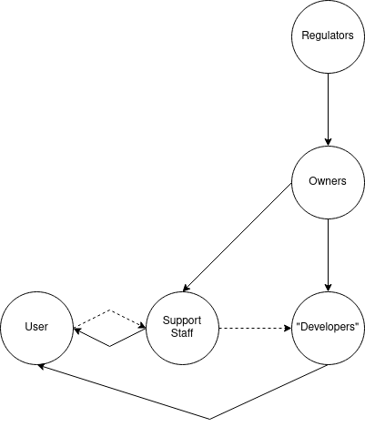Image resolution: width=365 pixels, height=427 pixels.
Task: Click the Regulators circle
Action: point(328,36)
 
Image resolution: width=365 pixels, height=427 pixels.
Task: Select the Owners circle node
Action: point(328,181)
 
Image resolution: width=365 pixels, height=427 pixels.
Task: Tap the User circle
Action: point(36,327)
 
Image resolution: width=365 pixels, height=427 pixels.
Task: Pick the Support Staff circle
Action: point(182,327)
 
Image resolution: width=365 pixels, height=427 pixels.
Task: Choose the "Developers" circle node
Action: point(328,327)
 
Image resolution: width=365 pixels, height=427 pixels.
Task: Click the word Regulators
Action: point(328,36)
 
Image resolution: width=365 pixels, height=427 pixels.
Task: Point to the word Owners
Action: point(328,181)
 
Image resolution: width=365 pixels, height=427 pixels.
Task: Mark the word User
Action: point(36,327)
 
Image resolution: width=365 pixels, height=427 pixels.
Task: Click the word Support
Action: point(182,320)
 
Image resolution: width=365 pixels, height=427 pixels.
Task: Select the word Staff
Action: point(182,333)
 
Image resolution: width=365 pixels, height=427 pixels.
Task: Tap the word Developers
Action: point(328,327)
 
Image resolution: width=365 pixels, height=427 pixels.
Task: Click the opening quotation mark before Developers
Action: point(298,325)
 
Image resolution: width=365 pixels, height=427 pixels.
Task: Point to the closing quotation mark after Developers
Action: point(359,325)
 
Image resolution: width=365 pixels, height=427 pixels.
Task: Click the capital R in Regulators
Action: point(305,36)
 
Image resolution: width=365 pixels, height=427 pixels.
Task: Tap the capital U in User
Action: point(28,327)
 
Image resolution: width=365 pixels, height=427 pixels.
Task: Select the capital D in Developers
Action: point(303,327)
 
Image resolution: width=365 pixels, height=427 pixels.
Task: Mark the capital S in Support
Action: point(166,320)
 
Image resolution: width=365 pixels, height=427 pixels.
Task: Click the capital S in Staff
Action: point(173,333)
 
